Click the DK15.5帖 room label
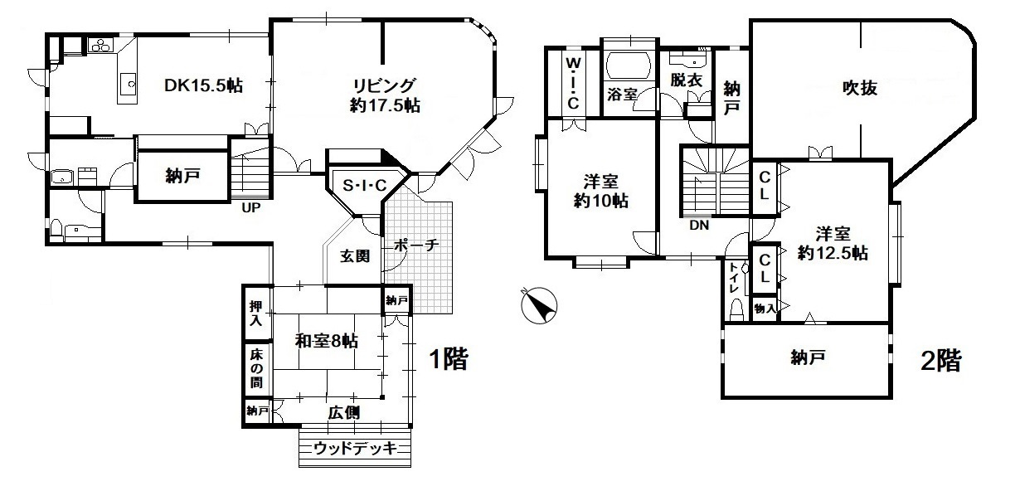[x=203, y=85]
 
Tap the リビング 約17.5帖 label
[x=383, y=95]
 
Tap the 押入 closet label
[x=257, y=312]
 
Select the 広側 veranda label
[x=343, y=412]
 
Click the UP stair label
[x=252, y=208]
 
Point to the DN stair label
[x=698, y=224]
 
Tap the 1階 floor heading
[x=448, y=359]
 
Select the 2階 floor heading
[x=940, y=360]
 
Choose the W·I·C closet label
[x=573, y=81]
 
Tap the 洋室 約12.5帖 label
[x=833, y=244]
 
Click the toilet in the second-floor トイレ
[x=736, y=309]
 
